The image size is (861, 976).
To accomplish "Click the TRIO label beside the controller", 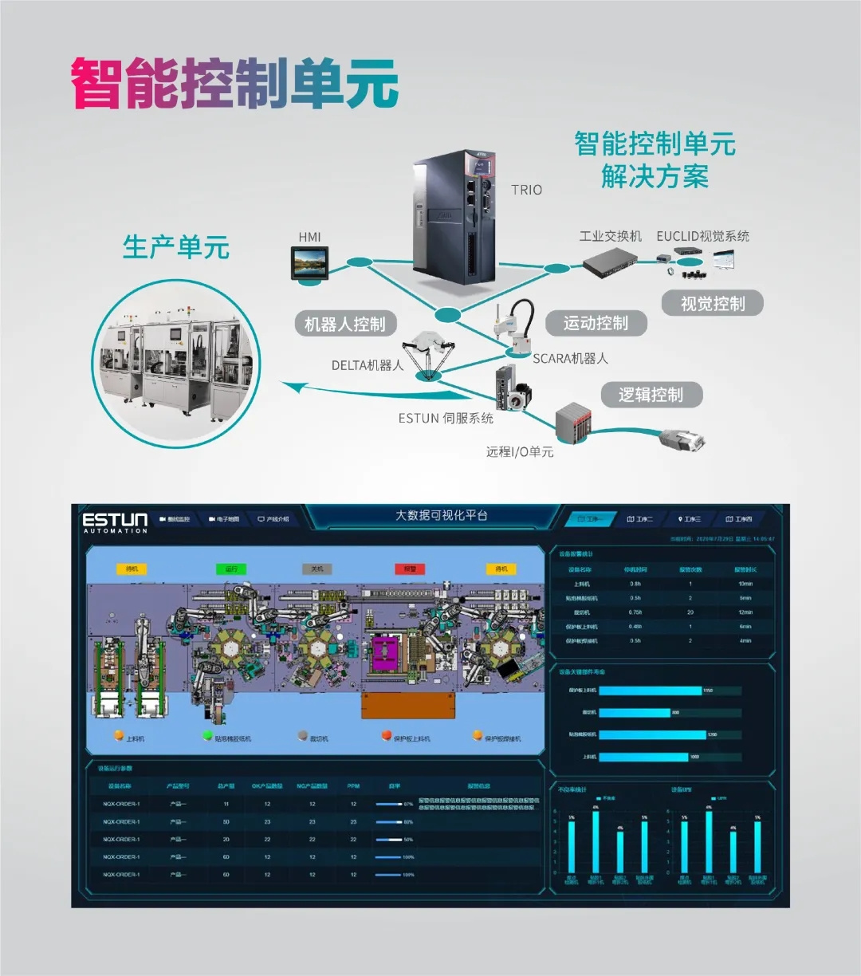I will pos(526,190).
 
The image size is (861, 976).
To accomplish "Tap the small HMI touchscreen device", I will pos(310,262).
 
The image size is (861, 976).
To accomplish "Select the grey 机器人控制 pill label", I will pos(344,325).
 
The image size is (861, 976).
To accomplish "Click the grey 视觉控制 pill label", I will pos(713,304).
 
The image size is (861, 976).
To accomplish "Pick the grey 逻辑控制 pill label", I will pos(651,395).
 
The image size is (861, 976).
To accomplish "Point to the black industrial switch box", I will pos(608,260).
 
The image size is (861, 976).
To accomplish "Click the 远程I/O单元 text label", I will pos(520,452).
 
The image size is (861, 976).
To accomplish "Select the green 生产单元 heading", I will pos(176,247).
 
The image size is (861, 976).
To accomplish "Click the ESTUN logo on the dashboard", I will pos(116,522).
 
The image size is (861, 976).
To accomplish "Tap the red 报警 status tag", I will pos(410,569).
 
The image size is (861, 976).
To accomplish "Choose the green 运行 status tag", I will pos(231,569).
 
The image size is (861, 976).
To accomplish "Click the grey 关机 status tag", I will pos(316,569).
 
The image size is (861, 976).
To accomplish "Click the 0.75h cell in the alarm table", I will pos(635,612).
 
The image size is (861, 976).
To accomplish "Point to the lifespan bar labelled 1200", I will pos(652,734).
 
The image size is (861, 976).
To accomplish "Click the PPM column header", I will pos(353,786).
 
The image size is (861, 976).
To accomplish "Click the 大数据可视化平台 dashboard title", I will pos(442,516).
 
